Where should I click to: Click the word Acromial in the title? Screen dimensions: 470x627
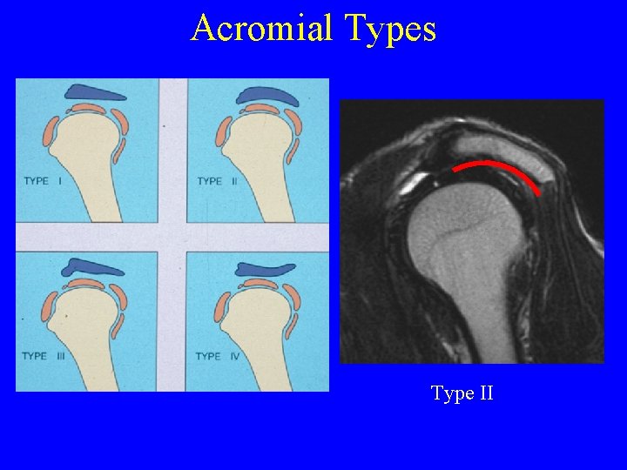tap(262, 28)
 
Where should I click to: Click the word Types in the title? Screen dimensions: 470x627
tap(390, 28)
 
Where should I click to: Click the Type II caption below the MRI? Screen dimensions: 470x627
tap(462, 393)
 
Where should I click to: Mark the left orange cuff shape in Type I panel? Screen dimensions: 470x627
tap(51, 132)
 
